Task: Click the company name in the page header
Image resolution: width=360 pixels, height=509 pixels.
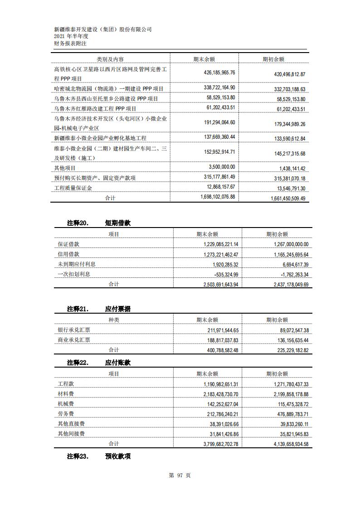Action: click(102, 29)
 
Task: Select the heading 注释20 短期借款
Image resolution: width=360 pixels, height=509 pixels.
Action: click(99, 223)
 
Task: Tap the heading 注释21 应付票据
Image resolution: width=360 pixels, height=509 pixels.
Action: click(99, 309)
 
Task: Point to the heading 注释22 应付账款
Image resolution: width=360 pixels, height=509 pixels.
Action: click(99, 363)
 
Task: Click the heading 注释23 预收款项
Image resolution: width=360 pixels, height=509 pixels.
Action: click(99, 456)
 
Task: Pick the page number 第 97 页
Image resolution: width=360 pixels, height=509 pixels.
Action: click(180, 475)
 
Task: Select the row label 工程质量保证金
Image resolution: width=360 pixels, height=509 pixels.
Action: click(73, 188)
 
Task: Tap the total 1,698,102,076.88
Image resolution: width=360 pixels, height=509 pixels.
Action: click(217, 197)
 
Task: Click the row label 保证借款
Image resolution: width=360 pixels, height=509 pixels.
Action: click(68, 244)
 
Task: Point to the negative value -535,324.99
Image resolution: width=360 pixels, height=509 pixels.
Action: click(223, 274)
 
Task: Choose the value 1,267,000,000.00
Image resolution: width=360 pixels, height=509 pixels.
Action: click(285, 244)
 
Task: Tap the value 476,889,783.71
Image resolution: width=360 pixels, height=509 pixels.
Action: click(287, 414)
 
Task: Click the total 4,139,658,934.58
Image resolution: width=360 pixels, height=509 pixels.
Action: click(285, 444)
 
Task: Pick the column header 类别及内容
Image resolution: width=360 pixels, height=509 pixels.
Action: click(110, 59)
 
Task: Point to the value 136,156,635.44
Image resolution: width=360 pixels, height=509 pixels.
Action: click(287, 340)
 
